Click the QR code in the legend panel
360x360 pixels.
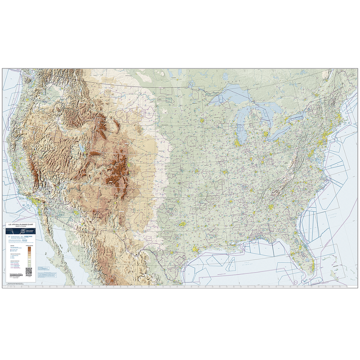(x=29, y=271)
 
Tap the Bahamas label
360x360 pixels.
(x=337, y=267)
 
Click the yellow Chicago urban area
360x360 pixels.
(x=238, y=143)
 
